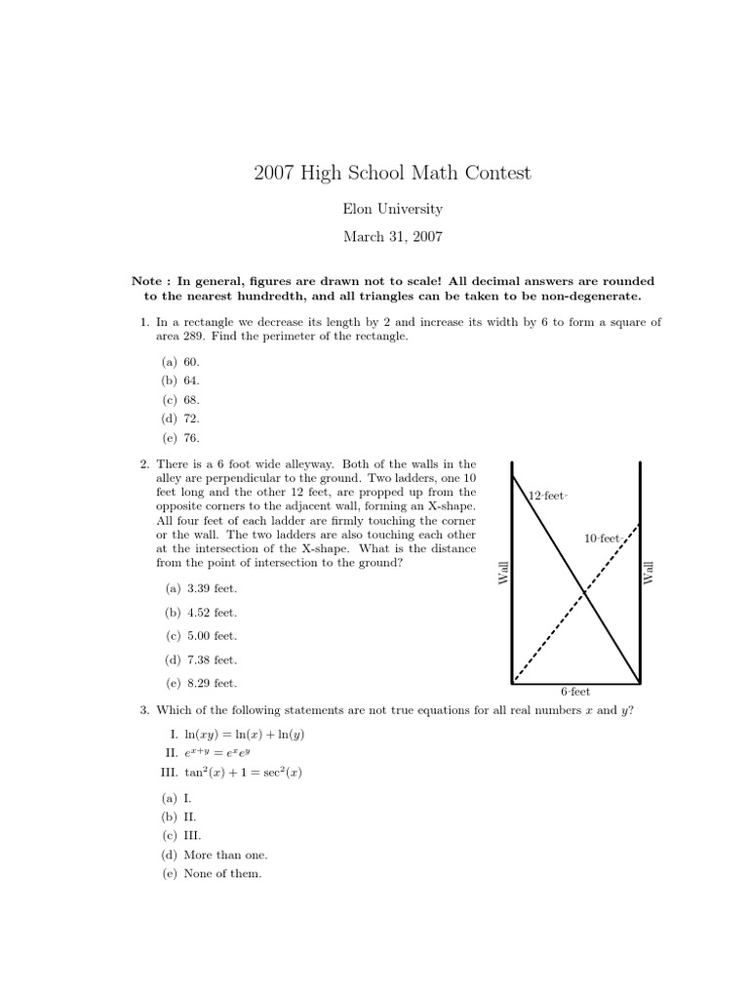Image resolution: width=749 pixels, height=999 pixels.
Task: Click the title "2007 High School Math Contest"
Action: [x=392, y=174]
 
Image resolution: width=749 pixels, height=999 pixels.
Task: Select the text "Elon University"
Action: [x=392, y=209]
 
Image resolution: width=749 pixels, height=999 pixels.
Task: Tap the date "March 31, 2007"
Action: [x=392, y=236]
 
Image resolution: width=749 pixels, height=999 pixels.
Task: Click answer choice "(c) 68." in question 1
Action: [x=180, y=399]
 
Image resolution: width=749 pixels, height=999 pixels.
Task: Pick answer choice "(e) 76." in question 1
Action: [x=180, y=438]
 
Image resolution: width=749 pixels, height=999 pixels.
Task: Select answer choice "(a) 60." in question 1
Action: [x=180, y=360]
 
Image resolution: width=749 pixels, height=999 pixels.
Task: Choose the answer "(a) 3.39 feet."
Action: [x=201, y=588]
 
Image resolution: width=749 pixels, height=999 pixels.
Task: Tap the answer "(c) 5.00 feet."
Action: [x=201, y=636]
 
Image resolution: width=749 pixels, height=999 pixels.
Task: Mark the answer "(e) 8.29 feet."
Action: [x=201, y=683]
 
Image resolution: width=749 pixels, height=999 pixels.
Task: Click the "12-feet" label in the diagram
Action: [x=547, y=496]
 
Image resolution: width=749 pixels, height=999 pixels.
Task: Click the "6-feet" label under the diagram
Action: [x=575, y=693]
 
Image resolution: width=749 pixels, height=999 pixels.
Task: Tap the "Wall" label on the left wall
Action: [x=504, y=573]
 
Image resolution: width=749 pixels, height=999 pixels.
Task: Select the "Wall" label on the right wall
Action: [x=649, y=573]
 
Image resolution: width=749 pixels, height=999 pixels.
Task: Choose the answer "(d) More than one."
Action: [x=215, y=855]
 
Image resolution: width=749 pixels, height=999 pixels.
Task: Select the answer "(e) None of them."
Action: [x=212, y=874]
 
